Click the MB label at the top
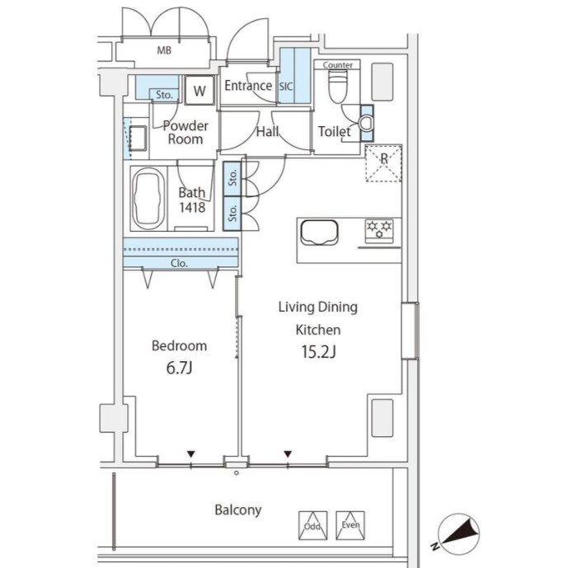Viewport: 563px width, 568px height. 164,50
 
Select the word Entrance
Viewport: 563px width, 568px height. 247,86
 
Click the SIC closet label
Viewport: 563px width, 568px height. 286,86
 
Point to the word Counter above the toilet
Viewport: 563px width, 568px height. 338,65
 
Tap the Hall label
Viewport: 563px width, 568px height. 266,132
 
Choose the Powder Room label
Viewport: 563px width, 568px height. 185,133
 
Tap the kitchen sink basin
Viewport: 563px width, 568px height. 319,232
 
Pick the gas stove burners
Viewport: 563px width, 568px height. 379,229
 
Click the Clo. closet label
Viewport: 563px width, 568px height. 179,264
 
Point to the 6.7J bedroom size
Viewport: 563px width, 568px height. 179,368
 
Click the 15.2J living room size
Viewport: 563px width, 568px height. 318,353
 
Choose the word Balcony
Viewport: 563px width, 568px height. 238,509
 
